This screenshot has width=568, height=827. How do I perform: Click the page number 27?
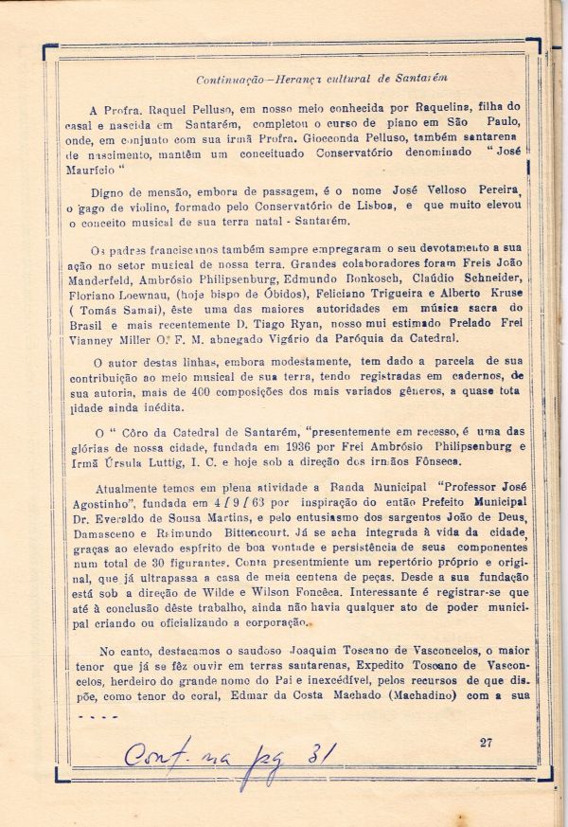[x=486, y=742]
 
